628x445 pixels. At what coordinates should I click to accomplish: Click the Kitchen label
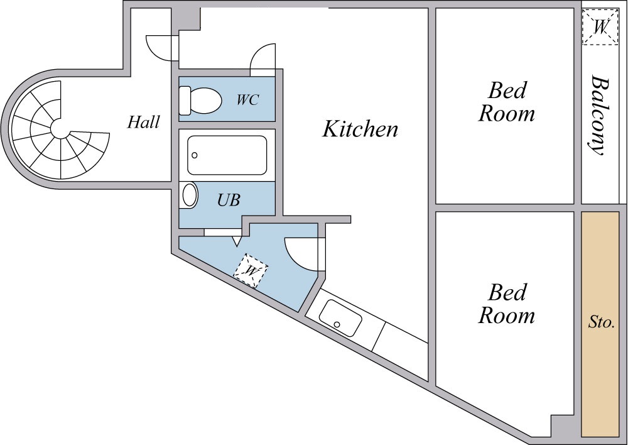tap(360, 129)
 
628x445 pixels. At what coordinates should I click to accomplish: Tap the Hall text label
tap(143, 121)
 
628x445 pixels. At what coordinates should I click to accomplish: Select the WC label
tap(247, 100)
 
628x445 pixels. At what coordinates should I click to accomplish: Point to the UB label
tap(229, 200)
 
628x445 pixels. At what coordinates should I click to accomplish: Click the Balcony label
tap(600, 116)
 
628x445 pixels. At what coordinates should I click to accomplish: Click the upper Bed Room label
tap(506, 102)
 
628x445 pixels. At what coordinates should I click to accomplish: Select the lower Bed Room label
tap(506, 304)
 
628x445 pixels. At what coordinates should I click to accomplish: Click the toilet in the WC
tap(200, 100)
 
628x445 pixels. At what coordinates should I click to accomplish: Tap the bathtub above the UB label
tap(227, 155)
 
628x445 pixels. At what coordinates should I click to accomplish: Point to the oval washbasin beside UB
tap(189, 195)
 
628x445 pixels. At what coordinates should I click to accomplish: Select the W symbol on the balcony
tap(600, 27)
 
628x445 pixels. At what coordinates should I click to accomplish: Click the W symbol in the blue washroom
tap(251, 271)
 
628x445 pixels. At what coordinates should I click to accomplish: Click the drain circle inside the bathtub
tap(195, 155)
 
